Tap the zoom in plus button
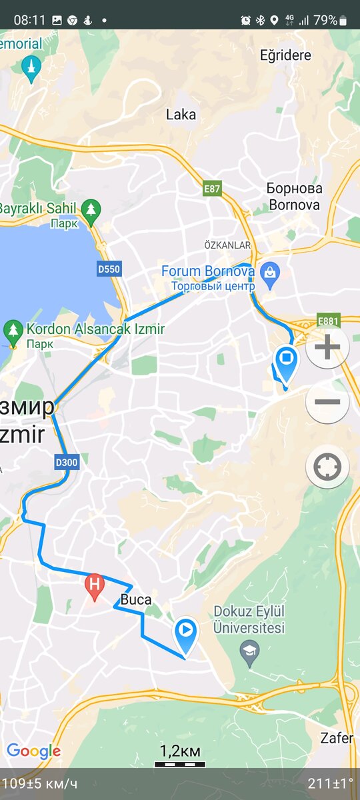tap(327, 347)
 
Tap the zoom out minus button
tap(327, 402)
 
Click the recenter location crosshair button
tap(327, 467)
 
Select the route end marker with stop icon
tap(287, 361)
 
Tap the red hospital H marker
tap(95, 586)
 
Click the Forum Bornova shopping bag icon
tap(269, 272)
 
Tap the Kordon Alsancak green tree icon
tap(13, 330)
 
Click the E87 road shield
tap(212, 189)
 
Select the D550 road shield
tap(109, 269)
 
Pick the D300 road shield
tap(65, 461)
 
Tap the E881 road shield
tap(329, 321)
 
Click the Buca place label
tap(136, 599)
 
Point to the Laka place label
tap(181, 115)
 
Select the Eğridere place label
tap(286, 55)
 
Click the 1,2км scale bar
tap(180, 754)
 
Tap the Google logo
tap(33, 752)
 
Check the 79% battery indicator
tap(331, 20)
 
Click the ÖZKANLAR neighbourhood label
tap(227, 245)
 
